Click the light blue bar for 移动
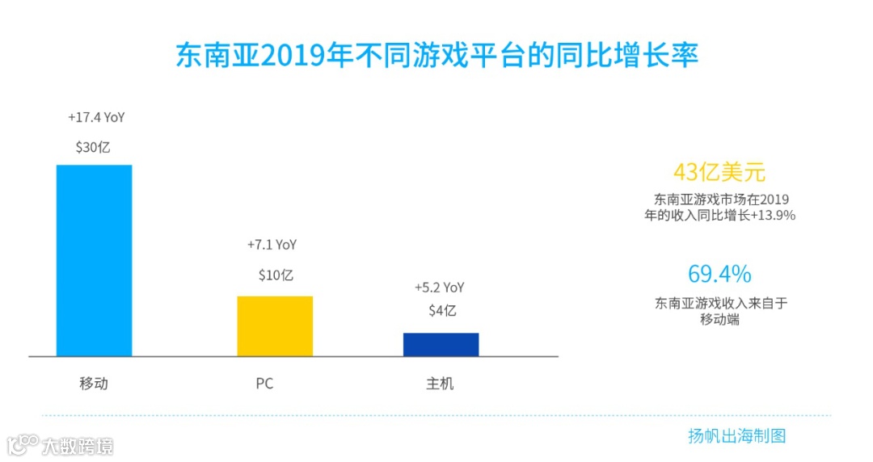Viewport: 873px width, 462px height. click(x=94, y=260)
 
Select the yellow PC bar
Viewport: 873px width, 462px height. click(x=275, y=325)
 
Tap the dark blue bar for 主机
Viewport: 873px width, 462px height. click(x=441, y=344)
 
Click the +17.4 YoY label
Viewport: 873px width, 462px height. click(x=96, y=118)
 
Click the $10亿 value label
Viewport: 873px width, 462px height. click(x=276, y=275)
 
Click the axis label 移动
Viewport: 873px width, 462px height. click(x=94, y=383)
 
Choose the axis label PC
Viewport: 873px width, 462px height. click(x=264, y=384)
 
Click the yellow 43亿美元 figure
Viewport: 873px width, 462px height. click(x=719, y=173)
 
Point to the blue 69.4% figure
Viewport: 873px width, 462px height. click(x=719, y=274)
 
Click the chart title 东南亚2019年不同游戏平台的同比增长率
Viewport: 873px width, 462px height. click(x=436, y=56)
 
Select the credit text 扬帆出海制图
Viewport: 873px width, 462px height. click(x=736, y=436)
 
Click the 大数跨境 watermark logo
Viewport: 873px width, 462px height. click(x=60, y=445)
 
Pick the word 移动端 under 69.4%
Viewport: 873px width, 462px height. click(x=719, y=319)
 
